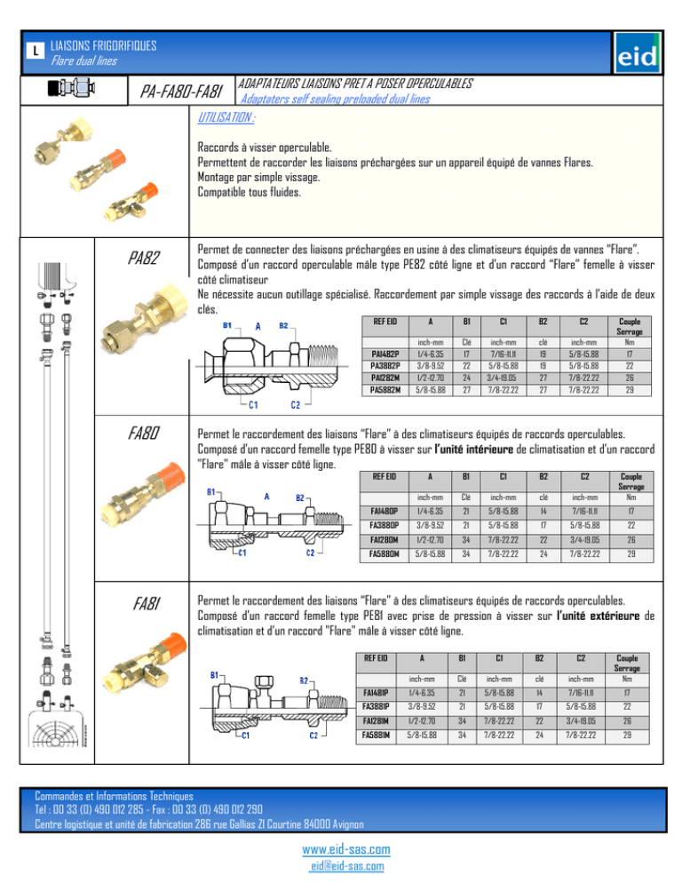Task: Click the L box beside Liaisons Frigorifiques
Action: tap(33, 52)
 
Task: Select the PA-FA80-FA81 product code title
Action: tap(186, 91)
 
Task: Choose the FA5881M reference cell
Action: tap(381, 736)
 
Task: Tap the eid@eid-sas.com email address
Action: tap(340, 866)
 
